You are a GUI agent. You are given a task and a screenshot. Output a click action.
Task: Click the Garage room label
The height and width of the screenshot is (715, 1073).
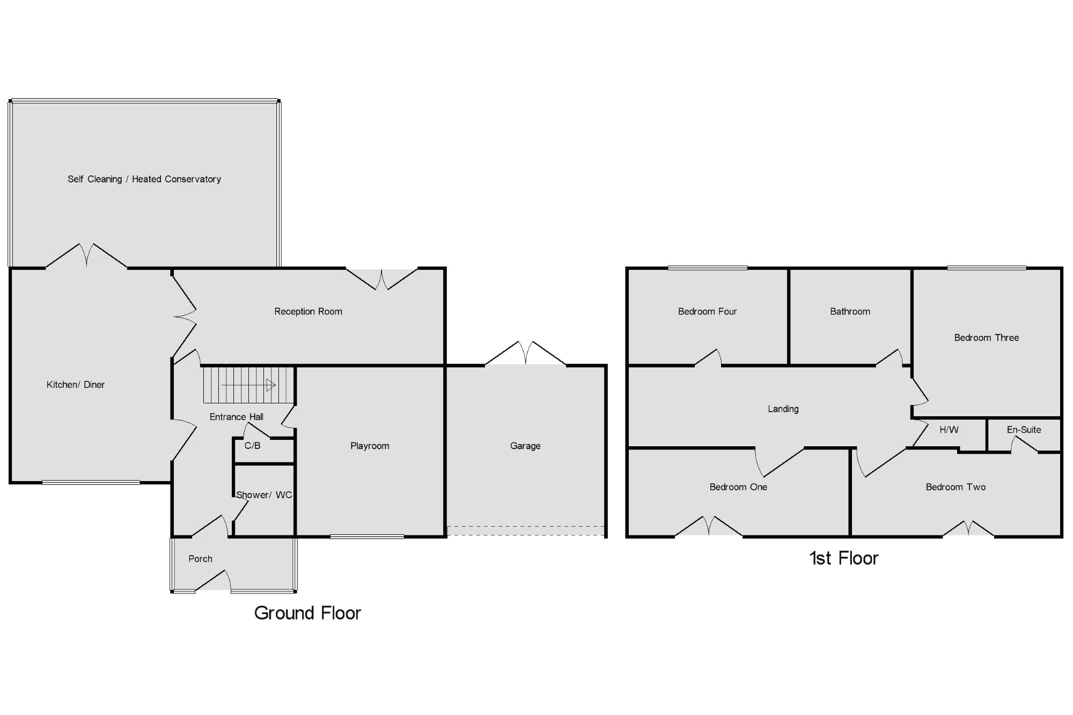point(525,446)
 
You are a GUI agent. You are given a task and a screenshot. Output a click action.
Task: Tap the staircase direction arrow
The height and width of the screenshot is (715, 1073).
point(248,385)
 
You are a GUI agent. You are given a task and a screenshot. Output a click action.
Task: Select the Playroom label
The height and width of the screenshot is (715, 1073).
point(370,446)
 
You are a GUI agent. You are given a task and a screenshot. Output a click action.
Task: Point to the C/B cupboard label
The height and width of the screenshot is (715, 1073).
point(252,446)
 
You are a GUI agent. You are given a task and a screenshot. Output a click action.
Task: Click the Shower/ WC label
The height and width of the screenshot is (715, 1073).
point(264,495)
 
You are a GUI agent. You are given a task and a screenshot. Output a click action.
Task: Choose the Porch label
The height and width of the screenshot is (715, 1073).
point(200,559)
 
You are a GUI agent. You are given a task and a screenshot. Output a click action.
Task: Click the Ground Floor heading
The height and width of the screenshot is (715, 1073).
point(307,613)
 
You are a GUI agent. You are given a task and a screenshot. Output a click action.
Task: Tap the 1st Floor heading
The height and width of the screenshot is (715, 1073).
point(843,558)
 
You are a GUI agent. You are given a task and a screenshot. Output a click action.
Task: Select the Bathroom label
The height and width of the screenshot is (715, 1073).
point(850,312)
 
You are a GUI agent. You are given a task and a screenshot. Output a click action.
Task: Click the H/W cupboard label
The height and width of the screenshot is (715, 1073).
point(949,430)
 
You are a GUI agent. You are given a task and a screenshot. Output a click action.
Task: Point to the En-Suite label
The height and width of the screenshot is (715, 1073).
point(1024,430)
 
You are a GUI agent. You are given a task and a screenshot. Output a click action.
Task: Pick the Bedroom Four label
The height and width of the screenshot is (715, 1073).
point(707,312)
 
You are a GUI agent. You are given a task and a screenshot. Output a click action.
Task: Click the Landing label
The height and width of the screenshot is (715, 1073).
point(783,409)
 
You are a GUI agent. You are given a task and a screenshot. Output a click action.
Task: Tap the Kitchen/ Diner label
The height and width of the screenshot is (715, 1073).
point(76,385)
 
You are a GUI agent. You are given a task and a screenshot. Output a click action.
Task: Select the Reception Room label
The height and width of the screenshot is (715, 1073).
point(308,312)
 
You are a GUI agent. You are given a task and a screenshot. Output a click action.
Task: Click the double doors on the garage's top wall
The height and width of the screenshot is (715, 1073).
point(526,353)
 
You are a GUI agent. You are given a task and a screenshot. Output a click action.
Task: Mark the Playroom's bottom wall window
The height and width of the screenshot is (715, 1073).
point(367,536)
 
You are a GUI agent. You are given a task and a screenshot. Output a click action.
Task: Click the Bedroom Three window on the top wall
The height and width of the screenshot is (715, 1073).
point(987,268)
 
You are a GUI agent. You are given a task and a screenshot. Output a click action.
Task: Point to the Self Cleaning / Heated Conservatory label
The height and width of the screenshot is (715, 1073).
point(144,179)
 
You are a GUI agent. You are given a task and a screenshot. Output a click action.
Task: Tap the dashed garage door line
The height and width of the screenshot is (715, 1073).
point(526,531)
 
